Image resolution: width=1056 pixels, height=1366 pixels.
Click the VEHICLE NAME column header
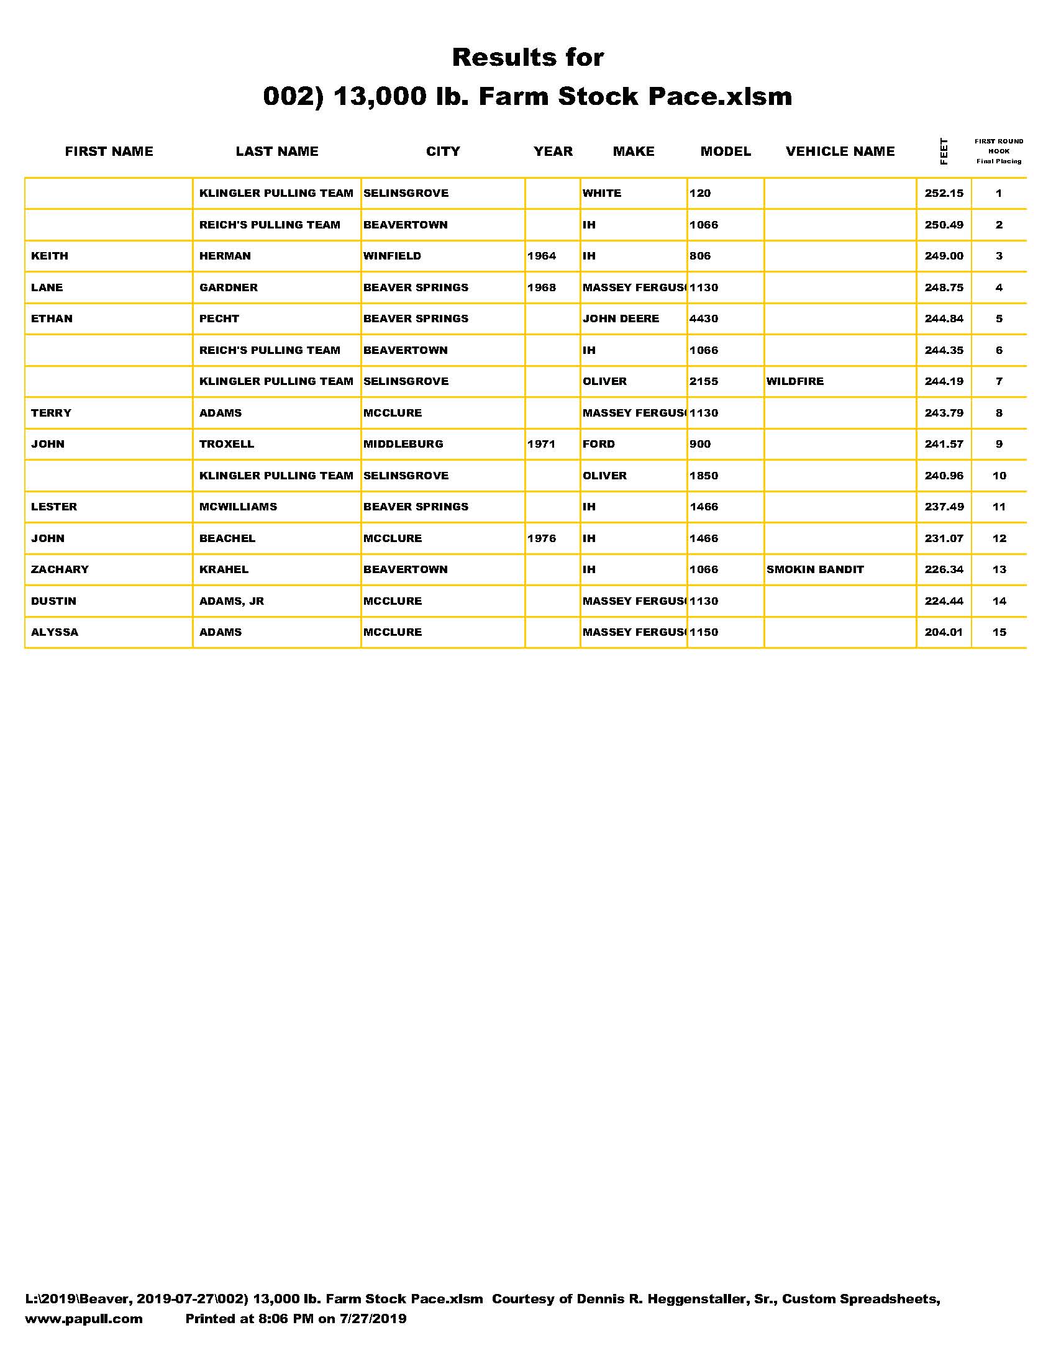840,152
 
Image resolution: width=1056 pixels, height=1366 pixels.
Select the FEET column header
944,152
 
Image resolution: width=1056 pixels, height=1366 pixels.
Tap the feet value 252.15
944,193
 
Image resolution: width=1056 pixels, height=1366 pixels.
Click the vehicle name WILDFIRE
795,381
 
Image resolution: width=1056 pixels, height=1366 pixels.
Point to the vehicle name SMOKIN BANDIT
814,570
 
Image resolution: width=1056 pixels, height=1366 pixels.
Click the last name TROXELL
227,444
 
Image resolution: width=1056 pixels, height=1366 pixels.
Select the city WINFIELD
392,256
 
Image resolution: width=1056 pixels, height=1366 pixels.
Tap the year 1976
542,538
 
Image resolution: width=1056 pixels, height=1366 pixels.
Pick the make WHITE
602,193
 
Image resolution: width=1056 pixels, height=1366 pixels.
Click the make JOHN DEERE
621,319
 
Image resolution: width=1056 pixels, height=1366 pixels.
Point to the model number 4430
704,319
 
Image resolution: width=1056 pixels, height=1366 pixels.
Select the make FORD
599,444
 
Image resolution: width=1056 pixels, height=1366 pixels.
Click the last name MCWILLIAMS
239,507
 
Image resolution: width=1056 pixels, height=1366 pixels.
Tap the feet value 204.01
944,632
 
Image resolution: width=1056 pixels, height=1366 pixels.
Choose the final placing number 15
999,632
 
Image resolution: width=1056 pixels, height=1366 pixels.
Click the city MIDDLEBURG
404,444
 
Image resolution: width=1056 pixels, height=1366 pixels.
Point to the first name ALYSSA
55,632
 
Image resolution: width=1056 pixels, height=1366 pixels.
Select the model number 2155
704,381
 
